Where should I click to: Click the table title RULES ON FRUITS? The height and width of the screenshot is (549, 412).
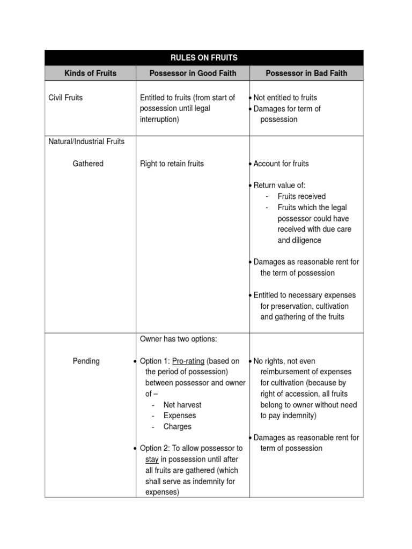point(204,58)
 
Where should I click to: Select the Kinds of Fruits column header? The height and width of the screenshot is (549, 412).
point(90,73)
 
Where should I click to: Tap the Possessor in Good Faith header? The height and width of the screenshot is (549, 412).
point(193,73)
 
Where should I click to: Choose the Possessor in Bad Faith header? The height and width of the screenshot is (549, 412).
point(306,73)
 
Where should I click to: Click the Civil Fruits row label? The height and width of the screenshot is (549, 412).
point(65,98)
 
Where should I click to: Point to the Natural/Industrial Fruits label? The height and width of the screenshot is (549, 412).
point(86,142)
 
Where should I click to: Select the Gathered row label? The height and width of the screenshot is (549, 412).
point(88,164)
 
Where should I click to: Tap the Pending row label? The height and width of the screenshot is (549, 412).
point(86,361)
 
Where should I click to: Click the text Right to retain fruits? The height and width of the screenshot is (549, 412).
point(172,164)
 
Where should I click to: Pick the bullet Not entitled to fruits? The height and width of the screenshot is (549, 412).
point(285,98)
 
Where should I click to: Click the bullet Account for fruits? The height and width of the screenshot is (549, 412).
point(281,164)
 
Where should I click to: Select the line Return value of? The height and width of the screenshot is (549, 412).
point(279,186)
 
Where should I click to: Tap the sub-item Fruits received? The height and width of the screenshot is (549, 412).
point(301,196)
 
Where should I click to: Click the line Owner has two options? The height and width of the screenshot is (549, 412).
point(179,339)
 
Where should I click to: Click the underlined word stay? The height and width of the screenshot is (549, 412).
point(152,459)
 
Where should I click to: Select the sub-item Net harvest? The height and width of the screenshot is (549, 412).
point(182,405)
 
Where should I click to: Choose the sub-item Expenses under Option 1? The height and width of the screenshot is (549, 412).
point(180,416)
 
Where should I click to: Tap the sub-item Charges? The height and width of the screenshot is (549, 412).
point(178,427)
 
